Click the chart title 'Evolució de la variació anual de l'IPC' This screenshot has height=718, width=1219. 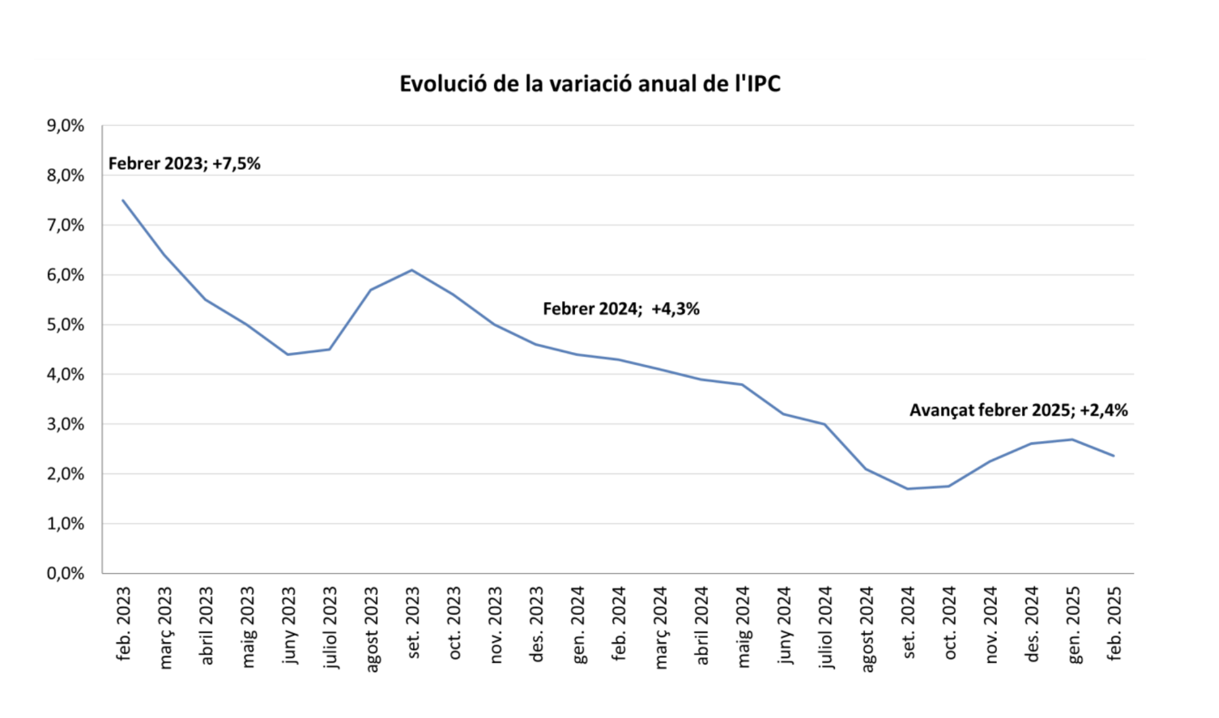[589, 84]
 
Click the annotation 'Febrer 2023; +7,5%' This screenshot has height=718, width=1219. [184, 164]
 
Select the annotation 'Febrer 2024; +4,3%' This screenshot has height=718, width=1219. [621, 309]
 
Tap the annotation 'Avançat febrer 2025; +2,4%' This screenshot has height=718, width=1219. [1018, 411]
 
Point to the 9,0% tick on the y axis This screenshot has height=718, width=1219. [65, 126]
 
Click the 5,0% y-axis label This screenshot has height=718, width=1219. [65, 325]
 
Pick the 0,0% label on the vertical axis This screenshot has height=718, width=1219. [65, 574]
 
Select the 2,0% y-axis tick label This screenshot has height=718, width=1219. [65, 474]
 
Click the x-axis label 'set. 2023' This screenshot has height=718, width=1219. [413, 623]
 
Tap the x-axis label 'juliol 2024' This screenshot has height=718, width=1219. [825, 627]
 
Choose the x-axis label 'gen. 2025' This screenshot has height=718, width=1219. [1073, 625]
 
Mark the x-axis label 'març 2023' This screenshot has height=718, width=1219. [165, 627]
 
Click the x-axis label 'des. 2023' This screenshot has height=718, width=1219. [537, 624]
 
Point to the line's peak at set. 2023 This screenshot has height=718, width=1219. [412, 270]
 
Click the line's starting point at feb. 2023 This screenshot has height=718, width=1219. [123, 201]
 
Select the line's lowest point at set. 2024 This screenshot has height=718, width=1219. [907, 489]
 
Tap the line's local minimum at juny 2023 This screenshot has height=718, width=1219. [288, 355]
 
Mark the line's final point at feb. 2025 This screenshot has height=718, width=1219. [1114, 456]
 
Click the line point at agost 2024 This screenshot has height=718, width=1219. [866, 469]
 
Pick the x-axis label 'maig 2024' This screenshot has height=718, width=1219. [743, 627]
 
